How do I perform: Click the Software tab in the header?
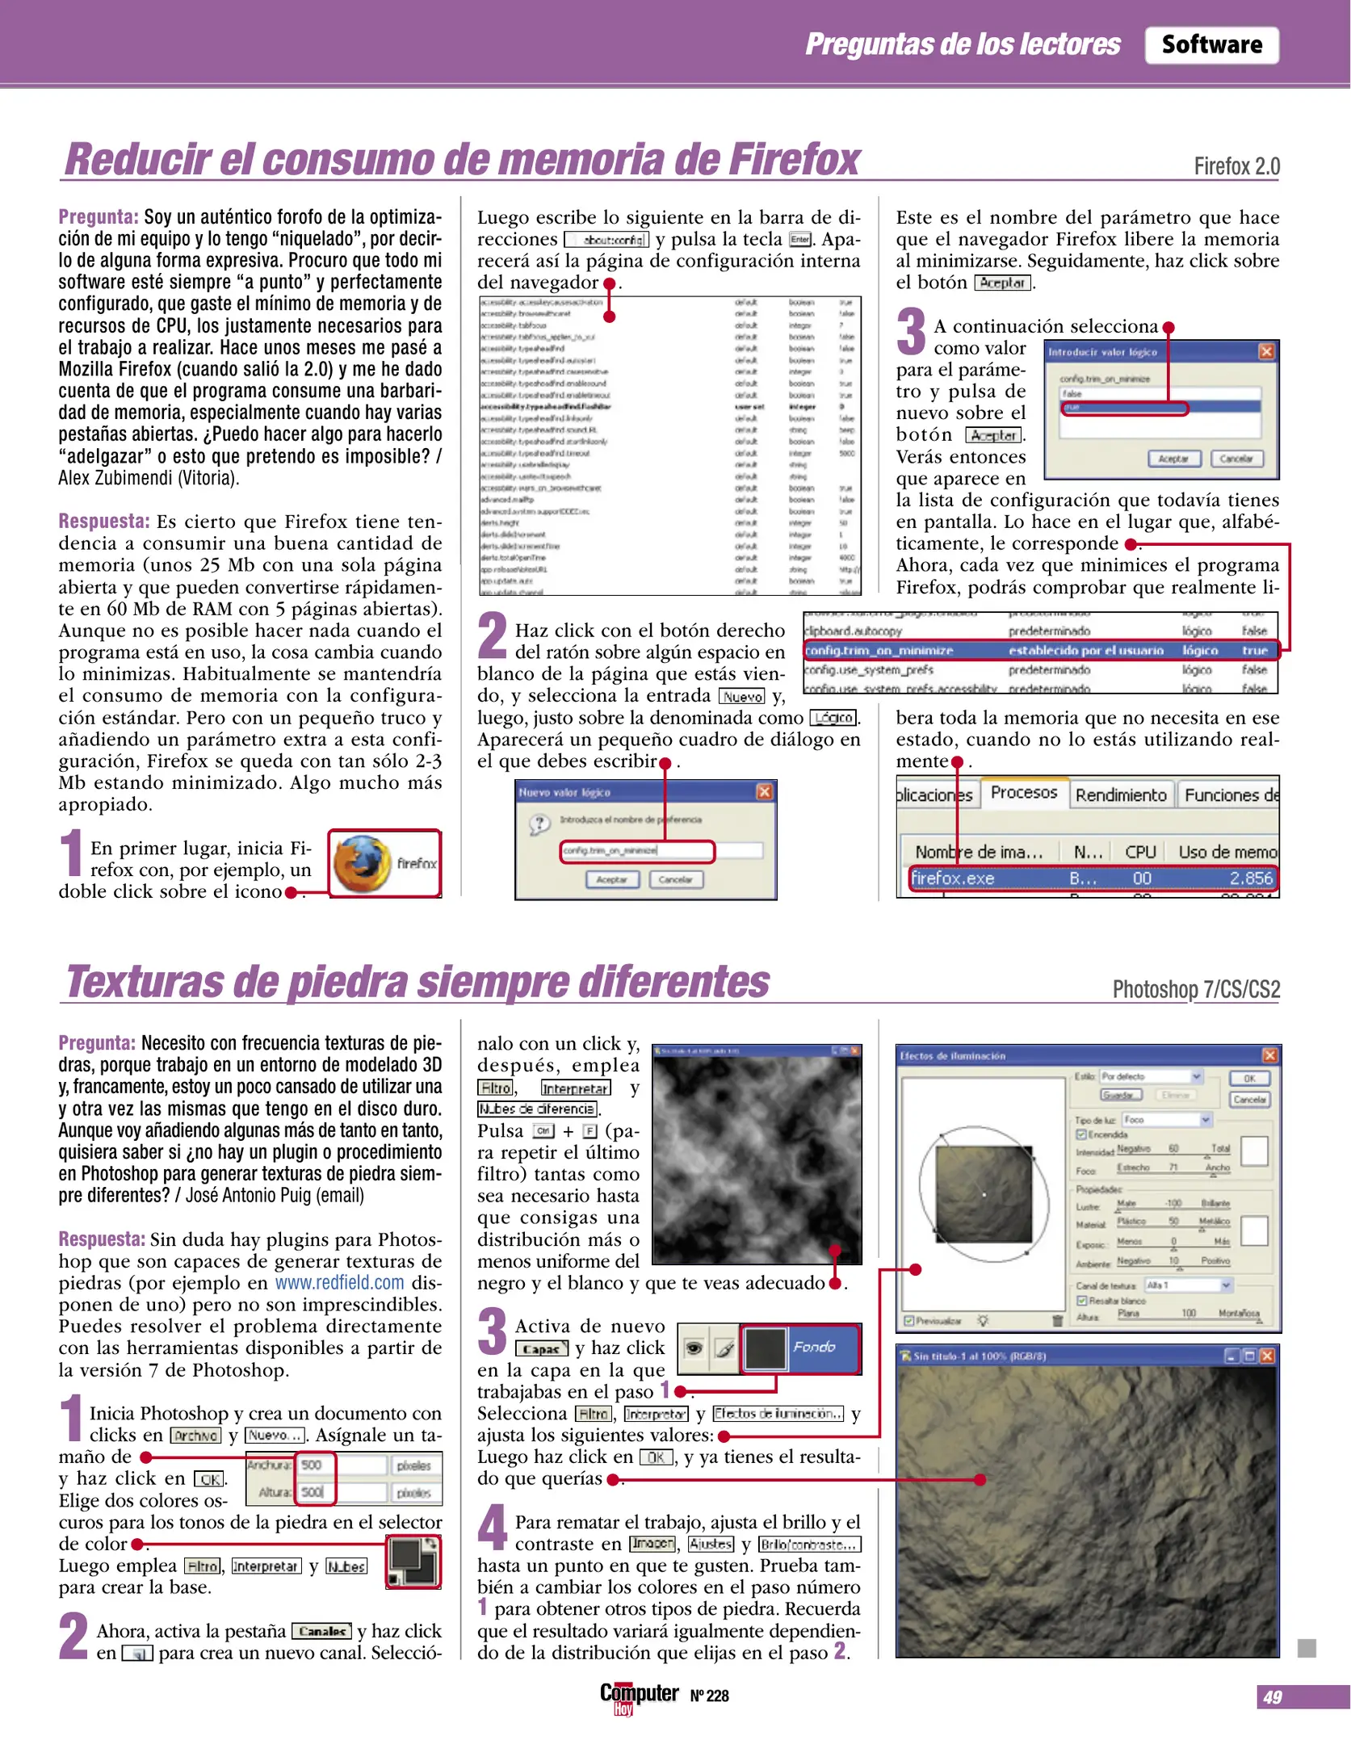tap(1210, 44)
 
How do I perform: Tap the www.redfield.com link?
tap(339, 1283)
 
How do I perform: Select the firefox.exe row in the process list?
tap(1092, 878)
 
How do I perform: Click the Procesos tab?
tap(1023, 793)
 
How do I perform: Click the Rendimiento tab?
tap(1120, 795)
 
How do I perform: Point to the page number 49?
tap(1272, 1697)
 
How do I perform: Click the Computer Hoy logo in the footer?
tap(638, 1696)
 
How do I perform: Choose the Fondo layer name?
tap(814, 1348)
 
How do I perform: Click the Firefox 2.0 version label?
tap(1236, 167)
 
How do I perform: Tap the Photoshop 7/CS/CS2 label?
tap(1195, 990)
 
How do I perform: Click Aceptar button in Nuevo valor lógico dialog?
tap(611, 879)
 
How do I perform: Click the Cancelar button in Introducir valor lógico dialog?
tap(1236, 459)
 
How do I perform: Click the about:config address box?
tap(606, 240)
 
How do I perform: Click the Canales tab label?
tap(321, 1632)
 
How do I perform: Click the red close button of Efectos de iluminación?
tap(1269, 1055)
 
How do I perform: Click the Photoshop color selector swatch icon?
tap(413, 1562)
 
